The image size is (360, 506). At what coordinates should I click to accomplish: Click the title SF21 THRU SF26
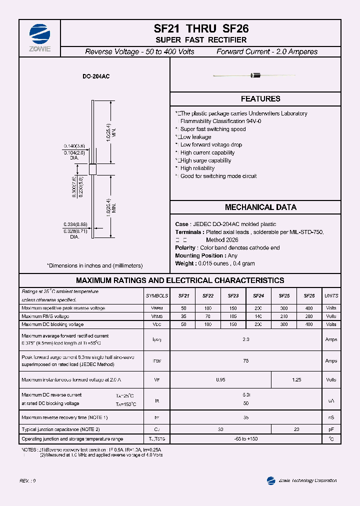(x=201, y=29)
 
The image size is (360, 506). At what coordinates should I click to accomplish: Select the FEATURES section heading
(x=260, y=99)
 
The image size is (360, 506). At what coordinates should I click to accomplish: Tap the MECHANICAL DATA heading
(x=260, y=207)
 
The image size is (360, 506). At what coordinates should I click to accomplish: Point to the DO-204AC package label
(x=96, y=77)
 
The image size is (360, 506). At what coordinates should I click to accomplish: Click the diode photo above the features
(x=255, y=75)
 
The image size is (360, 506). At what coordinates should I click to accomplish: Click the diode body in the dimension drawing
(x=92, y=168)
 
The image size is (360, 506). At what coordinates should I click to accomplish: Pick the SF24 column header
(x=258, y=296)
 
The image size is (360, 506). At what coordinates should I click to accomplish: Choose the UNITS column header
(x=331, y=296)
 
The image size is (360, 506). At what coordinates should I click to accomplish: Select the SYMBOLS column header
(x=157, y=296)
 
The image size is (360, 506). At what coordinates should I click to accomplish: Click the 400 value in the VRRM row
(x=309, y=308)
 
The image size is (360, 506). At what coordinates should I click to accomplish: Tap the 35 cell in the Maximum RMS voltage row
(x=183, y=316)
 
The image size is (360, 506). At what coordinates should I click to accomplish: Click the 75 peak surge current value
(x=245, y=360)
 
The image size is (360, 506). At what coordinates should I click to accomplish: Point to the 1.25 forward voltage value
(x=296, y=380)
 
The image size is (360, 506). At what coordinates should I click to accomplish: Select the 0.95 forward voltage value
(x=220, y=380)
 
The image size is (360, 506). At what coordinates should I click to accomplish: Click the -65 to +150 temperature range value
(x=245, y=439)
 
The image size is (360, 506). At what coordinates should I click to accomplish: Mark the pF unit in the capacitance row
(x=331, y=429)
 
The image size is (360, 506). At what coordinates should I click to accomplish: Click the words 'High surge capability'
(x=205, y=160)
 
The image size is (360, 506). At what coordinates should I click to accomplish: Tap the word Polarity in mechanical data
(x=185, y=248)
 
